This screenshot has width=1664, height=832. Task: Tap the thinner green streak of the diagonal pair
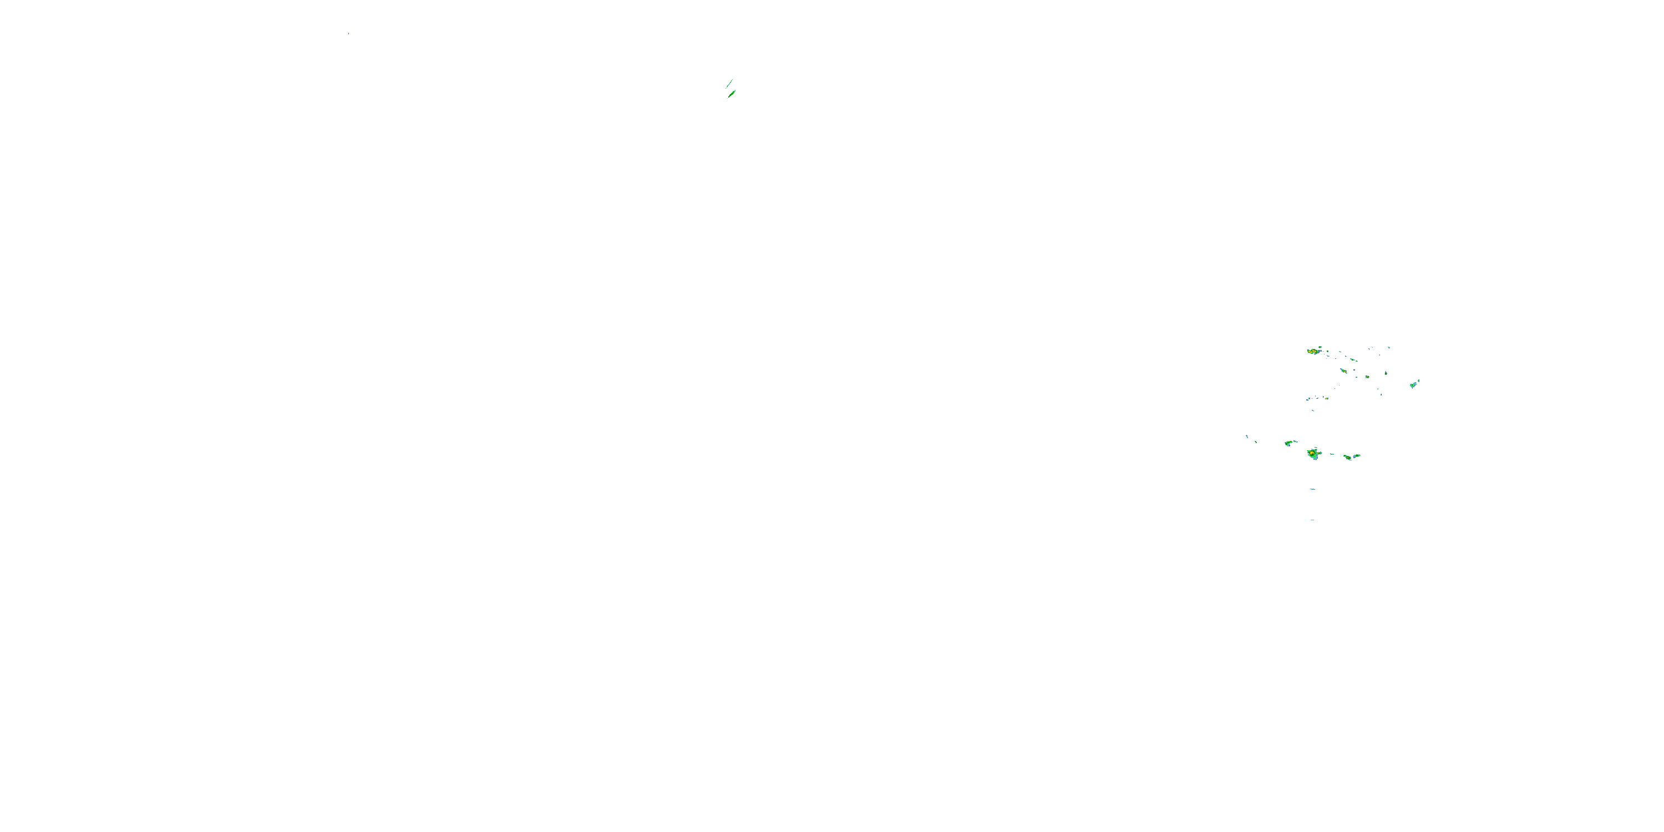(x=729, y=83)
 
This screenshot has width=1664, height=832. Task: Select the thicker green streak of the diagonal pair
(x=732, y=94)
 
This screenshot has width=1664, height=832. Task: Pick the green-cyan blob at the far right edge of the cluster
(x=1413, y=385)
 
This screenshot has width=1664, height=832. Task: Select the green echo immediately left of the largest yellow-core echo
(x=1288, y=443)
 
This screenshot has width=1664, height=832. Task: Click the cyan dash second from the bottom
(x=1312, y=489)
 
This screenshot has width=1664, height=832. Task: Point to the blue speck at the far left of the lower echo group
(x=1247, y=436)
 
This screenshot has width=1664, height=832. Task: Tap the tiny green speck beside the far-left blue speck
(x=1256, y=442)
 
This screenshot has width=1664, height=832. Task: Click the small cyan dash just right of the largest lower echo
(x=1331, y=454)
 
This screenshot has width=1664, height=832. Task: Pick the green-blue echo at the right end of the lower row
(x=1357, y=455)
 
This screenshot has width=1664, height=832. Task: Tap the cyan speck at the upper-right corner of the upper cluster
(x=1389, y=348)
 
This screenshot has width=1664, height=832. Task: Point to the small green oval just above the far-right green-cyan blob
(x=1418, y=381)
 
